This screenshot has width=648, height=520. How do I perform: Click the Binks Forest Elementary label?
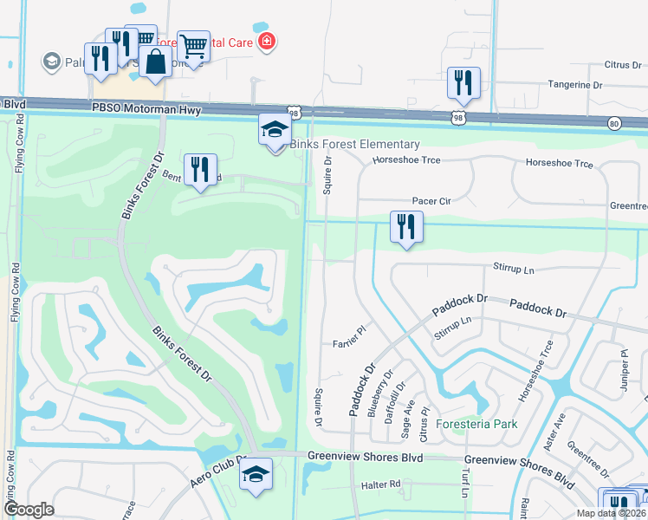click(354, 145)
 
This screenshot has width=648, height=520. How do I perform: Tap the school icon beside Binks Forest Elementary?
click(275, 130)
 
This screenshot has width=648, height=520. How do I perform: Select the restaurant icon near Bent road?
click(200, 169)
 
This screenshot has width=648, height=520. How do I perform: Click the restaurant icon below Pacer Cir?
click(405, 227)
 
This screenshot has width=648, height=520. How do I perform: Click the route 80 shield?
click(614, 123)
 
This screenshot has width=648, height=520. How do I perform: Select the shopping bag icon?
click(155, 62)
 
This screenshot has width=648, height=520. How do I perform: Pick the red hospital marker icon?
click(267, 41)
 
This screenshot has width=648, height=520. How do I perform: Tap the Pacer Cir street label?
click(432, 201)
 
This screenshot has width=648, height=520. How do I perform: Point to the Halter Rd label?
click(383, 484)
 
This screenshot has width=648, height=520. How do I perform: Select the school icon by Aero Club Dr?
click(256, 474)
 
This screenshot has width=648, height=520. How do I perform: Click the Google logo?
click(30, 510)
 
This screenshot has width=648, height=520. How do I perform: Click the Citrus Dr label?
click(616, 65)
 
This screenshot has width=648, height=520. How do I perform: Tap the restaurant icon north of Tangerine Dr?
click(463, 83)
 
